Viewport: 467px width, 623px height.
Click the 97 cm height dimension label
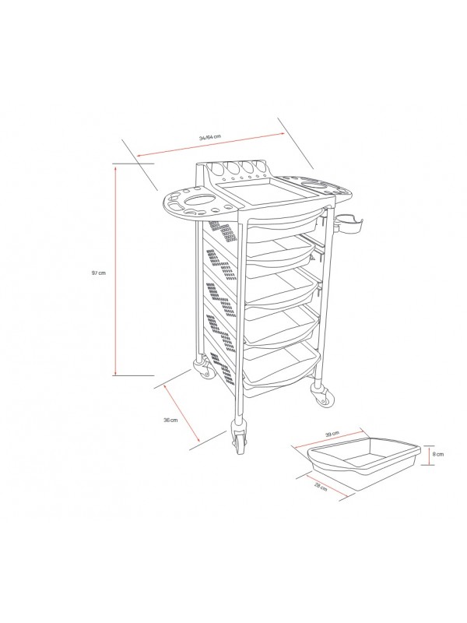(x=99, y=273)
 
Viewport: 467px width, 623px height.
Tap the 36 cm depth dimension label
(x=170, y=420)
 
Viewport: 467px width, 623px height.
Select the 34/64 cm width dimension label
(x=209, y=137)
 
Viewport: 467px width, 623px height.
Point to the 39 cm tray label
(x=332, y=434)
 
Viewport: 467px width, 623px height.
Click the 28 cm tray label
(x=321, y=487)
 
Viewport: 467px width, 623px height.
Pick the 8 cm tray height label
(x=438, y=454)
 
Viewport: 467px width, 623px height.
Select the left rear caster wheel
(x=204, y=369)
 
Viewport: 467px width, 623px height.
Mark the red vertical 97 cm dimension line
(x=115, y=271)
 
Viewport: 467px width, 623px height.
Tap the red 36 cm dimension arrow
(x=182, y=414)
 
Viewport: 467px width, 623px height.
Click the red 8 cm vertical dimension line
(x=429, y=455)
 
